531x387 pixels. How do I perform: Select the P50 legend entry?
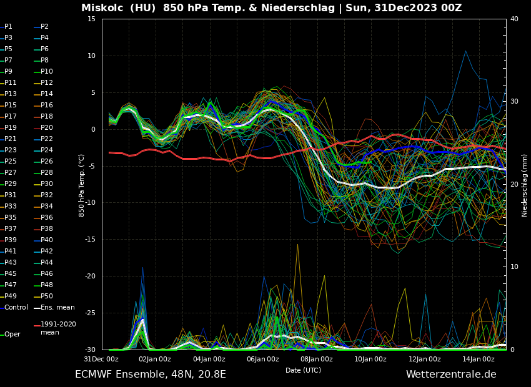(47, 296)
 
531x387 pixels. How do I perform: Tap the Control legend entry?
(16, 307)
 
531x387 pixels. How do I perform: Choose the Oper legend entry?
(12, 334)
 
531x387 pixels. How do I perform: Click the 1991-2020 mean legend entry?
(58, 328)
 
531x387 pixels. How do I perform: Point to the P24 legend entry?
(47, 150)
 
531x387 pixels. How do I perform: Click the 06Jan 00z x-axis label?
(263, 359)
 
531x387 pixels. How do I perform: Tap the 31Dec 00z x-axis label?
(101, 359)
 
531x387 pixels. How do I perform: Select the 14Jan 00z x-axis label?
(479, 359)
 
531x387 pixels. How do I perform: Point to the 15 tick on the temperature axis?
(91, 19)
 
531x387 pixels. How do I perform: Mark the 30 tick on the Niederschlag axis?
(514, 101)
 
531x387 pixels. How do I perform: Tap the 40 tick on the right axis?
(514, 19)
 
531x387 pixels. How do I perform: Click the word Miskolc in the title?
(102, 8)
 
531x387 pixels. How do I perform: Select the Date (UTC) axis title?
(304, 370)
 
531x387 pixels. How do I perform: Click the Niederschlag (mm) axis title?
(525, 185)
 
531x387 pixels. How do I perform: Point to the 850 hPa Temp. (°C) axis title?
(82, 185)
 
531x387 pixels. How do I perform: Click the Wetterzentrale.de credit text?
(451, 375)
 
